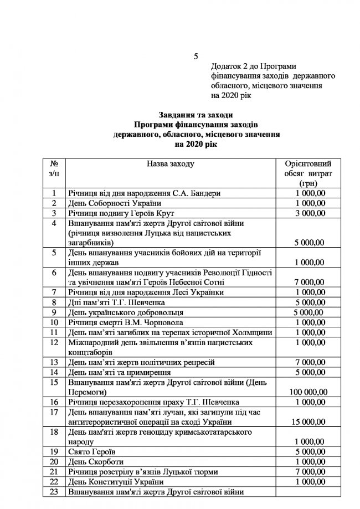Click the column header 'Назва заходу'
click(x=171, y=164)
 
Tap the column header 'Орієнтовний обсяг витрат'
click(x=307, y=173)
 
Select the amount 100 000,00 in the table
click(x=307, y=392)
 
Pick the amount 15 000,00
click(x=307, y=421)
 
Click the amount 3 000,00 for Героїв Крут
click(x=307, y=213)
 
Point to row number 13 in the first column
click(x=54, y=362)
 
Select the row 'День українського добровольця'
click(x=122, y=312)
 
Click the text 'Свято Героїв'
click(x=91, y=451)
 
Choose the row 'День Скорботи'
click(x=94, y=461)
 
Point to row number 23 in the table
click(x=54, y=491)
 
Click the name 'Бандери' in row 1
click(x=206, y=193)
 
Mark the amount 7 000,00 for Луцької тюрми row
click(x=307, y=471)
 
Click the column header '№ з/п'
click(x=54, y=168)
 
